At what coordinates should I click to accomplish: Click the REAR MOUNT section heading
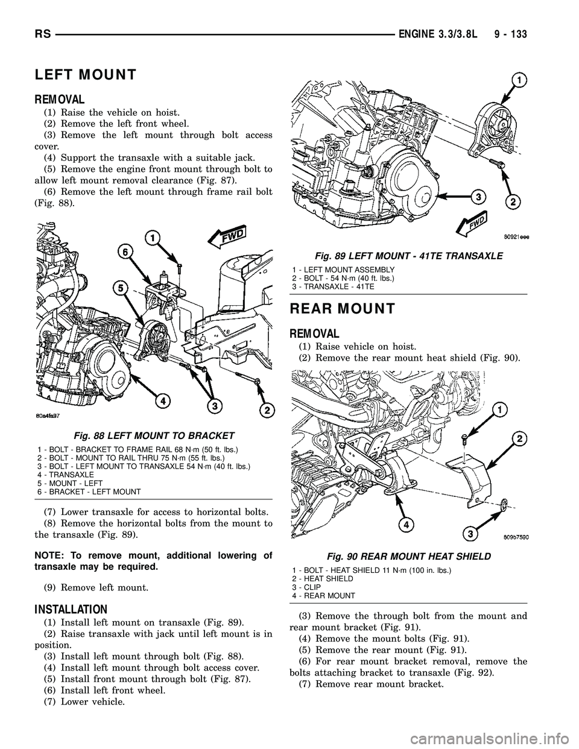click(342, 309)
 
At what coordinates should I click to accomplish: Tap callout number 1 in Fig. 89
click(518, 79)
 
